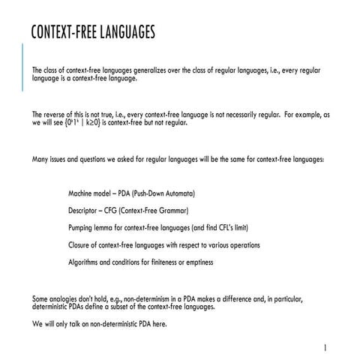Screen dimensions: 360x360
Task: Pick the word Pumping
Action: (82, 228)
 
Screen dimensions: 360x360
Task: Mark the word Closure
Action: (81, 245)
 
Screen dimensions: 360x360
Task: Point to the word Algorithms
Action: (85, 262)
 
